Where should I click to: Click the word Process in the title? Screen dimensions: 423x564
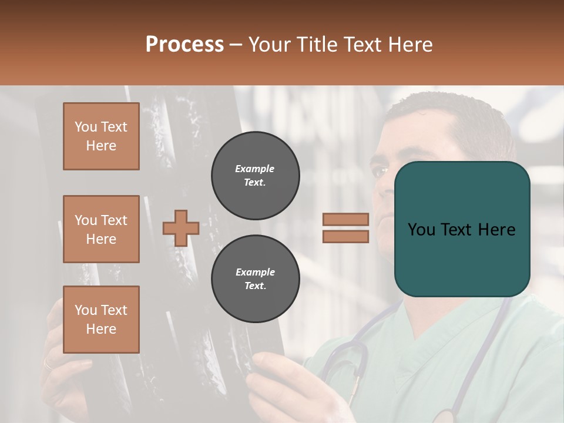(x=184, y=45)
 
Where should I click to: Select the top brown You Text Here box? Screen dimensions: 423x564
(x=101, y=136)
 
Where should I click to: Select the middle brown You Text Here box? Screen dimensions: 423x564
(x=101, y=229)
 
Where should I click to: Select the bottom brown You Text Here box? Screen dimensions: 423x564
(x=101, y=320)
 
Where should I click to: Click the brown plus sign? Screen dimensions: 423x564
(x=180, y=228)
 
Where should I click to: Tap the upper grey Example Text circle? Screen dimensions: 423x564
(x=255, y=175)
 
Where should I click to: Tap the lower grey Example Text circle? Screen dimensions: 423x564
(x=255, y=278)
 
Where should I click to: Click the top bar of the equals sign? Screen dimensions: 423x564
(x=345, y=219)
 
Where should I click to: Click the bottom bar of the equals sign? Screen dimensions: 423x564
(x=345, y=236)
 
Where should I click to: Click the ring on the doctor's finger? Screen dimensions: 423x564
(x=48, y=364)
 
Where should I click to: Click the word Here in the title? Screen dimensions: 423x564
(x=411, y=45)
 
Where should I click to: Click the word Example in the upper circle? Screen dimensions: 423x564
(x=254, y=169)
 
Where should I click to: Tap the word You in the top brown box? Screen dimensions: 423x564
(x=86, y=127)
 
